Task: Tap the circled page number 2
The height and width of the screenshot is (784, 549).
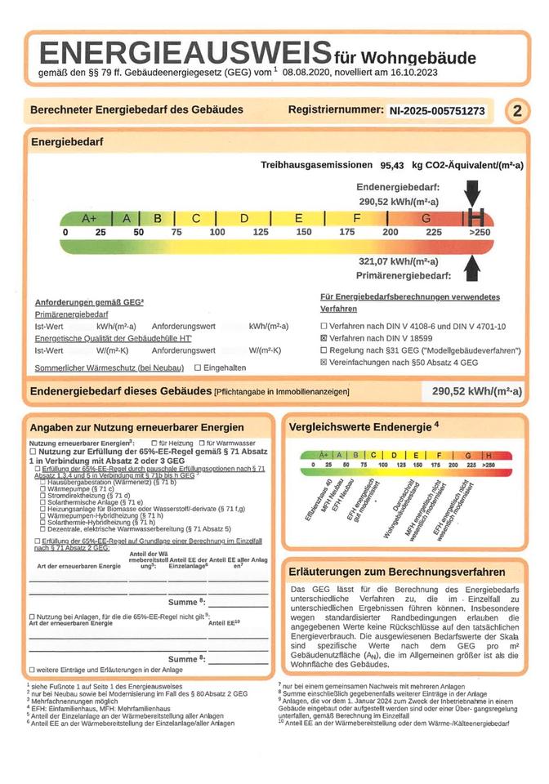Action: click(x=516, y=111)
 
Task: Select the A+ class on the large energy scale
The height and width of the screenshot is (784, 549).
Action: click(x=89, y=219)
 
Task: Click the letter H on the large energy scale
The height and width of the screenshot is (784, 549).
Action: click(x=478, y=218)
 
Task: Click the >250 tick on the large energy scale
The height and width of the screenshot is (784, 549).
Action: click(x=479, y=233)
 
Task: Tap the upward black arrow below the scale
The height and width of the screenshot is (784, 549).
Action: click(x=473, y=266)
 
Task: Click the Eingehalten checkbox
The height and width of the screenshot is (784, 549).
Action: click(x=196, y=368)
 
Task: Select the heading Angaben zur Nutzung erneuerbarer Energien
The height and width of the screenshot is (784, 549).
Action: click(x=136, y=427)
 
